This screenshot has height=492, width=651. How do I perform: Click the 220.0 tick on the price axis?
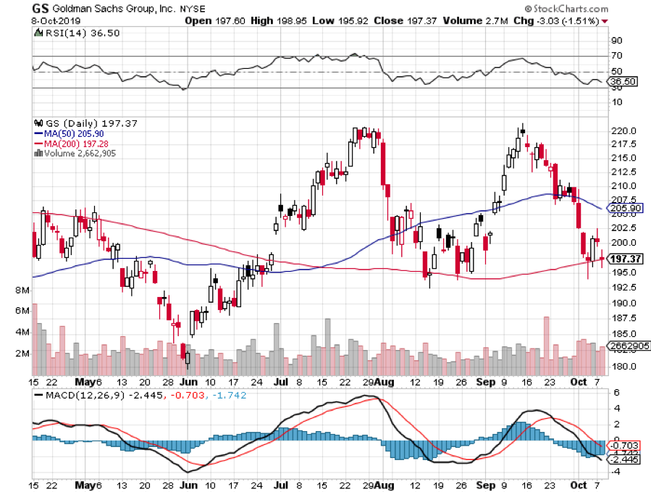623,131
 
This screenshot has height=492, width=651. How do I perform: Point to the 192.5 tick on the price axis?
623,287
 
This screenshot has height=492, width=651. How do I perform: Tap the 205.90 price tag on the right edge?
625,208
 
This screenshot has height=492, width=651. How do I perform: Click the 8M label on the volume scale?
21,290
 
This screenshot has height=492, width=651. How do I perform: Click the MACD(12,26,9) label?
79,395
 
